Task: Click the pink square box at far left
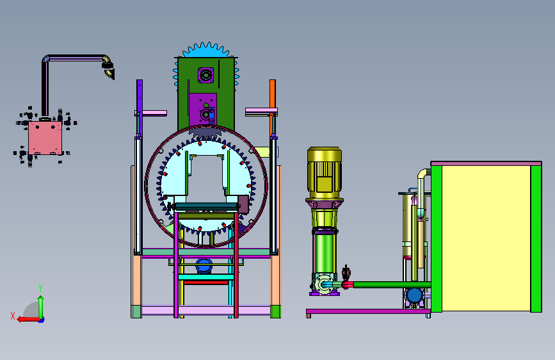pyautogui.click(x=45, y=138)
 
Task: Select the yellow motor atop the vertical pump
pyautogui.click(x=324, y=173)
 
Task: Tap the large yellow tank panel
pyautogui.click(x=486, y=238)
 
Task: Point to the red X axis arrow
pyautogui.click(x=29, y=320)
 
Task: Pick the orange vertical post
pyautogui.click(x=273, y=108)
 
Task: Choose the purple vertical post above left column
pyautogui.click(x=140, y=108)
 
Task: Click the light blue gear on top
pyautogui.click(x=206, y=51)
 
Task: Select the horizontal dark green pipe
pyautogui.click(x=392, y=284)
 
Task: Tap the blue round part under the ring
pyautogui.click(x=204, y=266)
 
